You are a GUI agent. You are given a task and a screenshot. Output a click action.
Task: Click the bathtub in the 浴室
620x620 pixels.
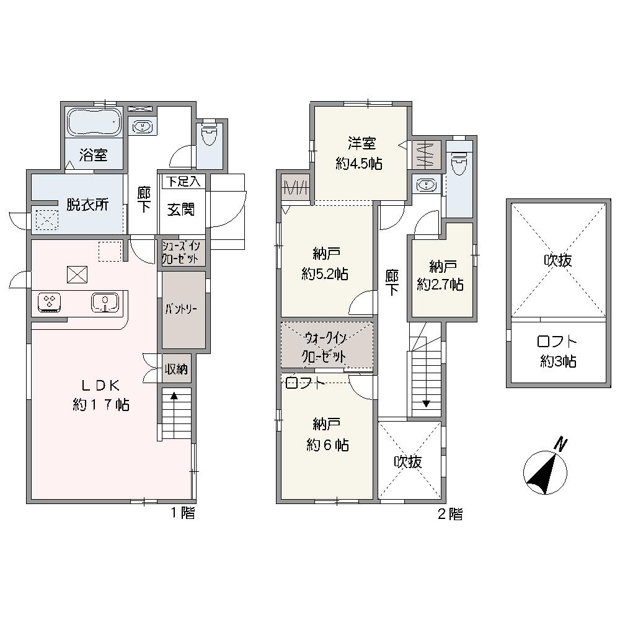tap(94, 122)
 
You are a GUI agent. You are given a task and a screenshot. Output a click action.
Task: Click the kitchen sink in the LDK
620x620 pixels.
tap(105, 303)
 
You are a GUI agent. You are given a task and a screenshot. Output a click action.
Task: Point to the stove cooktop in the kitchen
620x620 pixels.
tap(49, 303)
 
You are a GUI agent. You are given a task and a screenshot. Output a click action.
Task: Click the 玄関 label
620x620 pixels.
tap(180, 210)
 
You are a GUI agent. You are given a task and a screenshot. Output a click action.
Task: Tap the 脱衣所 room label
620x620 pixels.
tap(87, 205)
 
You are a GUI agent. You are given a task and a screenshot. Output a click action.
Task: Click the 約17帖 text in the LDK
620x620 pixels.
tap(101, 405)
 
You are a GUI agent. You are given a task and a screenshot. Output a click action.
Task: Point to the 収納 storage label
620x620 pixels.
tap(176, 370)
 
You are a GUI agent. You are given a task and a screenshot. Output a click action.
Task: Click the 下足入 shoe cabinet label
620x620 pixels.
tap(183, 182)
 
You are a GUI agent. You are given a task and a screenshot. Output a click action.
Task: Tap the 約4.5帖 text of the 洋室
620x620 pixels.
tap(359, 163)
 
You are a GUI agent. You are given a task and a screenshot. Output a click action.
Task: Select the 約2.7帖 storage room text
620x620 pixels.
tap(440, 285)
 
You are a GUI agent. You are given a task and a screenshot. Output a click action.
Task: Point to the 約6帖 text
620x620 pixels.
tap(327, 446)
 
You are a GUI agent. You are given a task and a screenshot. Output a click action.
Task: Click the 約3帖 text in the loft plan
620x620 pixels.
tap(558, 361)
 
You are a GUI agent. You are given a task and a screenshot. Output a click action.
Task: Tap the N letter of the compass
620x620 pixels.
tap(561, 444)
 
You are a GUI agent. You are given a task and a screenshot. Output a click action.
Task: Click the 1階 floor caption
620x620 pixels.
tap(183, 513)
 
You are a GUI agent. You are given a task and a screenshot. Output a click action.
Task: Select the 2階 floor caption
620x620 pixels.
tap(450, 513)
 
